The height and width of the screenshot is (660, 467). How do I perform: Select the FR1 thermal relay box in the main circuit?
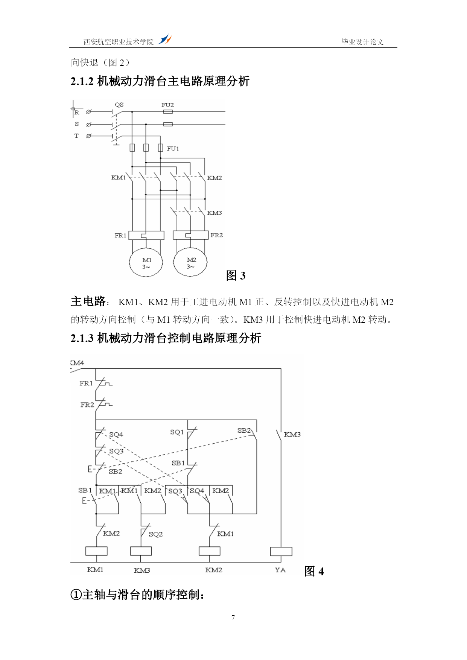(146, 236)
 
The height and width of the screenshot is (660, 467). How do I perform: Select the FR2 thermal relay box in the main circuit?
(190, 235)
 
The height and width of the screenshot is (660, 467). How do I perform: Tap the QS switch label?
(119, 105)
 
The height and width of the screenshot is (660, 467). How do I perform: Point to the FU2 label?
(168, 105)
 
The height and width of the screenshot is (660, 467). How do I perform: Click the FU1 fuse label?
(173, 149)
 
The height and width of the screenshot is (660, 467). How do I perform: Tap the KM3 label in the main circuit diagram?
(214, 213)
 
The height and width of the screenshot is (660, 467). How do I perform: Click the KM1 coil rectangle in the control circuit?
(96, 551)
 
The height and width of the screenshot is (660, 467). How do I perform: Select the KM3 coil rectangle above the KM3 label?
(141, 551)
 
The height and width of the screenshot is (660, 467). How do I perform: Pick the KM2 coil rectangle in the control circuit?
(210, 551)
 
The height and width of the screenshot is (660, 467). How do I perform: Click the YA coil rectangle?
(281, 551)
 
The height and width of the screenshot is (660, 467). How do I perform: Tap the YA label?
(280, 570)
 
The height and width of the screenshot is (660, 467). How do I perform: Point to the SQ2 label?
(156, 534)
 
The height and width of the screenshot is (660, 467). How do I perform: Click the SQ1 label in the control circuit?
(177, 432)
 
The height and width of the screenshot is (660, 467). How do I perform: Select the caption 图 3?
(236, 275)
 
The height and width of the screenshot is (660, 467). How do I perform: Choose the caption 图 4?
(314, 571)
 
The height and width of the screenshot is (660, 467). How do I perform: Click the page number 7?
(233, 617)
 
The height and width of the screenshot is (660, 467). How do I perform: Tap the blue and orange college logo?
(164, 39)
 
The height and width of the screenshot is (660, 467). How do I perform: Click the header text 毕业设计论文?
(362, 42)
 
